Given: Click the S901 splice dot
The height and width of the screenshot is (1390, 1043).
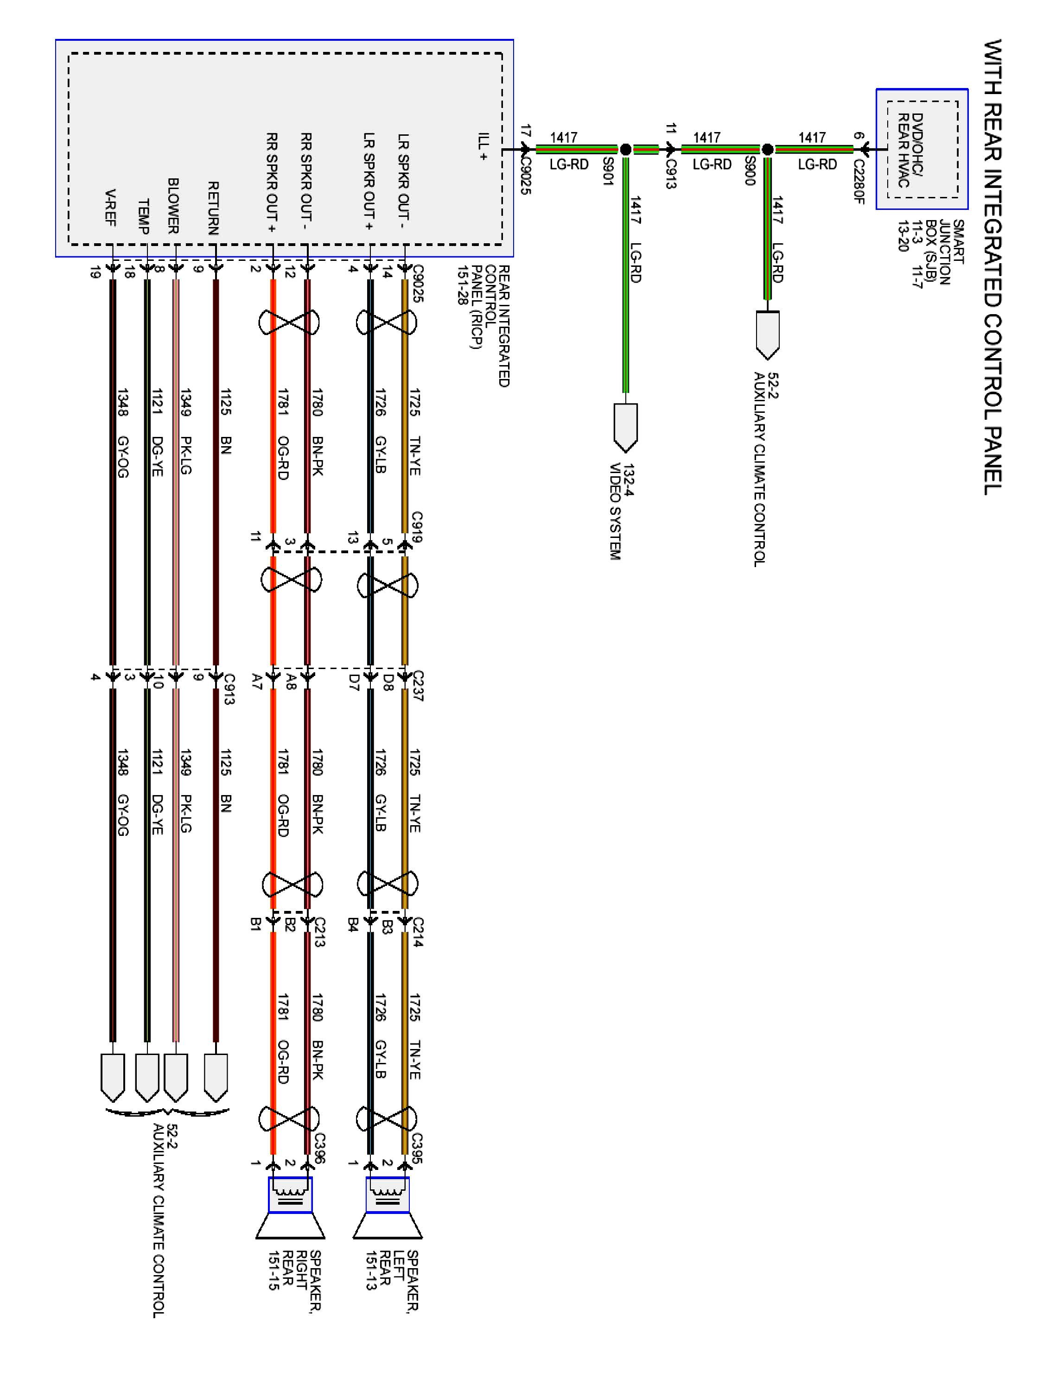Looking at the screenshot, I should [625, 150].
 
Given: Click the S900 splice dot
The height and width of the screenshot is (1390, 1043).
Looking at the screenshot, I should [767, 150].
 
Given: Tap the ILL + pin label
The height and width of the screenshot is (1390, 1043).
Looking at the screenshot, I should [483, 146].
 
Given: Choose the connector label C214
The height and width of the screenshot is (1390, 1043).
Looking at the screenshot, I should [419, 932].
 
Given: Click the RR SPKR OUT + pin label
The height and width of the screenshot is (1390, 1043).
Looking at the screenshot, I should [272, 182].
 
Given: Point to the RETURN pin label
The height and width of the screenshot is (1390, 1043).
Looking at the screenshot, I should [214, 208].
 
